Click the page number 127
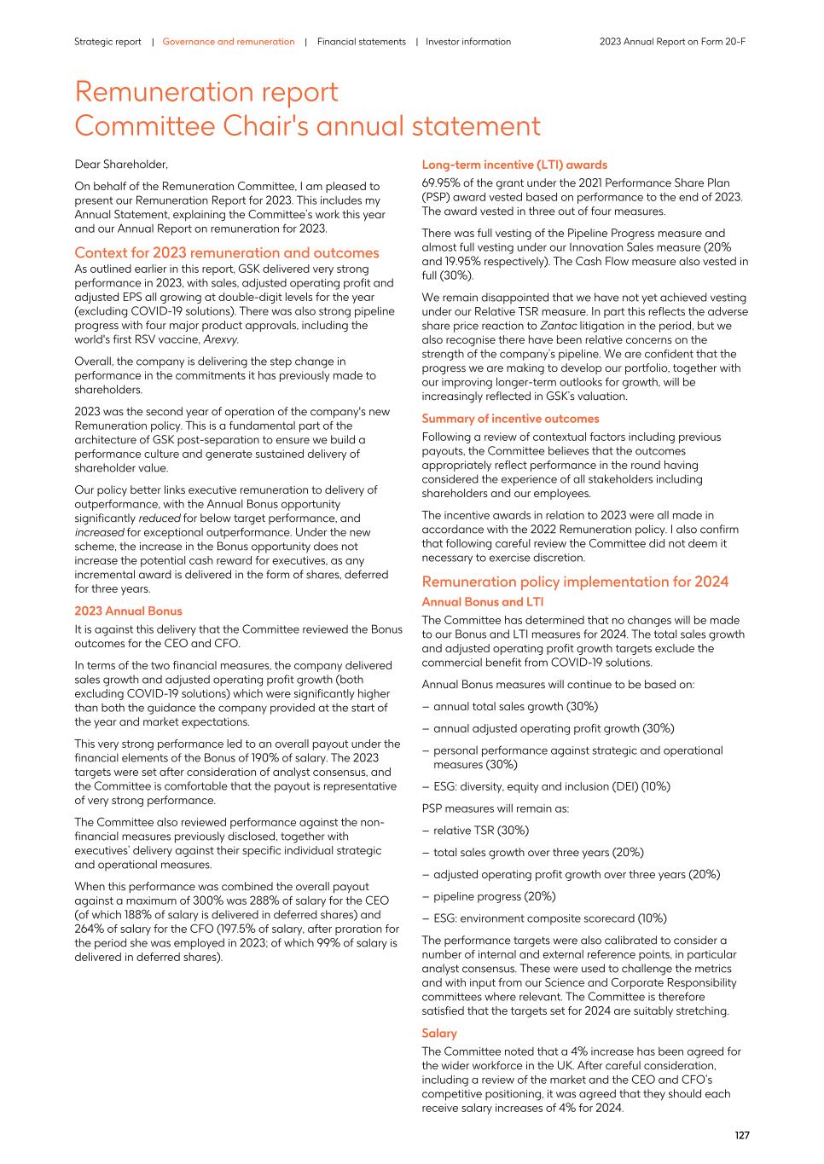(x=742, y=1135)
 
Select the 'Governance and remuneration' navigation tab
(x=229, y=42)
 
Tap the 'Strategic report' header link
(x=107, y=42)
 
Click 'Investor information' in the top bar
(x=468, y=42)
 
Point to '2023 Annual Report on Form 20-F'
(x=672, y=42)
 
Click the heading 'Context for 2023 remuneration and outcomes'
(x=227, y=252)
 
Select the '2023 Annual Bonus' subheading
(x=128, y=611)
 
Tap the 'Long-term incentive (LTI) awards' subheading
(x=514, y=165)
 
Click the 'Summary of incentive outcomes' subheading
(x=510, y=419)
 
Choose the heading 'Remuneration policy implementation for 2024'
(x=575, y=582)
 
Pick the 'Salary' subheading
(x=439, y=1034)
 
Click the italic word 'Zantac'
(x=558, y=326)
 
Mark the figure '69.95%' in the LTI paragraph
(x=441, y=182)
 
